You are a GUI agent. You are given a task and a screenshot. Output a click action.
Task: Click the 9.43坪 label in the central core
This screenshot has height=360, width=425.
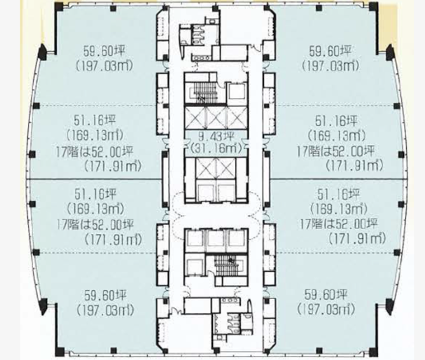click(x=216, y=137)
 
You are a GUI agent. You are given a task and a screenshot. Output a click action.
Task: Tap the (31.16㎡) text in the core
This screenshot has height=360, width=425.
click(x=216, y=148)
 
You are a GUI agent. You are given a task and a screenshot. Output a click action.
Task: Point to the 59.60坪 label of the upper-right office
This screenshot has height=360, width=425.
click(x=330, y=51)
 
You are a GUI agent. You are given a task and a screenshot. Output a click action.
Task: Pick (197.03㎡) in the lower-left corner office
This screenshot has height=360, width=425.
click(x=105, y=311)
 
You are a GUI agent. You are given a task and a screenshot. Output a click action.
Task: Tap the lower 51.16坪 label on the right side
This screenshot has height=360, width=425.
click(x=338, y=195)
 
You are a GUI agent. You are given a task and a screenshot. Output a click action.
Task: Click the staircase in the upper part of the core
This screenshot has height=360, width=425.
click(x=205, y=91)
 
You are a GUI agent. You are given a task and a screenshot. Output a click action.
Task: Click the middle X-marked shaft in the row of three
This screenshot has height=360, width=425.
click(x=216, y=117)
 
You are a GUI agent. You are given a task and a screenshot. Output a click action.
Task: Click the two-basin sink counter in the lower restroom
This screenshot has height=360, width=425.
click(x=230, y=300)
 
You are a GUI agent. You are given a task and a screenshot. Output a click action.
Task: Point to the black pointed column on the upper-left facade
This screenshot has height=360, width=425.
click(x=43, y=54)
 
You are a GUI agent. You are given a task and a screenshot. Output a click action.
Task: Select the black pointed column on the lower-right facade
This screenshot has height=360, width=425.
click(x=389, y=306)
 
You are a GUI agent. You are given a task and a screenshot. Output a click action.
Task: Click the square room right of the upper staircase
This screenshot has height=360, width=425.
click(x=237, y=92)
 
